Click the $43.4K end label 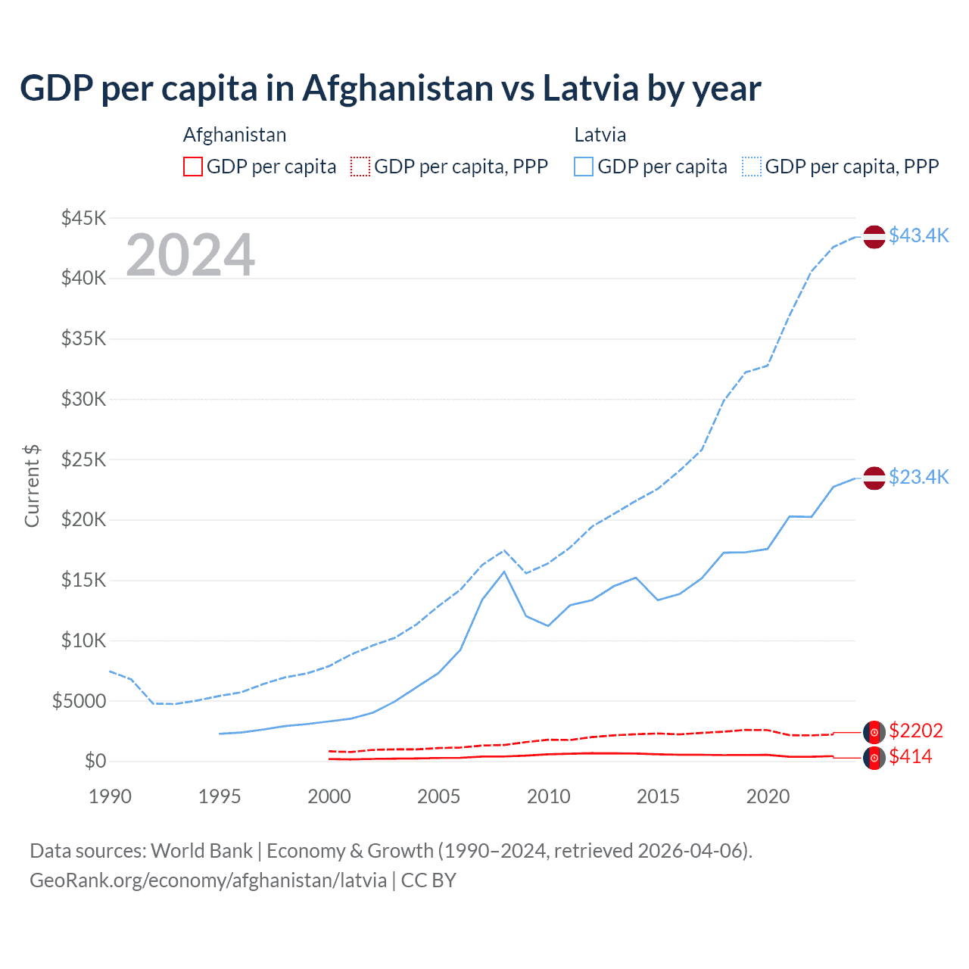tap(918, 235)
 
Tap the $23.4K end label tap(918, 477)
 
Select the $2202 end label tap(916, 731)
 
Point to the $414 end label tap(911, 756)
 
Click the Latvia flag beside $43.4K tap(874, 236)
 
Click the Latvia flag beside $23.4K tap(874, 478)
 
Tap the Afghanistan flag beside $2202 tap(874, 732)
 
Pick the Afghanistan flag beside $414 tap(874, 758)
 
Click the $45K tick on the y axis tap(84, 218)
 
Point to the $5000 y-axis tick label tap(79, 701)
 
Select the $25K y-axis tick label tap(84, 460)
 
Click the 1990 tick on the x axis tap(110, 796)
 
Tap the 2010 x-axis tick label tap(549, 796)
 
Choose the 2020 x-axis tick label tap(768, 796)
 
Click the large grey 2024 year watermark tap(190, 255)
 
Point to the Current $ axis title tap(32, 486)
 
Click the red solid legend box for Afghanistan tap(193, 167)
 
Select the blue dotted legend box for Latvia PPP tap(752, 167)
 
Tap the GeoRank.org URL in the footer tap(208, 880)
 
